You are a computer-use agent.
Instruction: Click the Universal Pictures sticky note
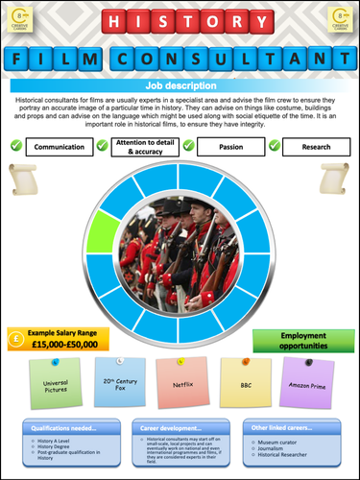[x=59, y=384]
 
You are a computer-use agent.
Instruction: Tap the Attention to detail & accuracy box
[x=149, y=147]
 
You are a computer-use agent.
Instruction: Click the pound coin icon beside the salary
[x=16, y=339]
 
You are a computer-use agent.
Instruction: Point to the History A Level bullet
[x=58, y=442]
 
